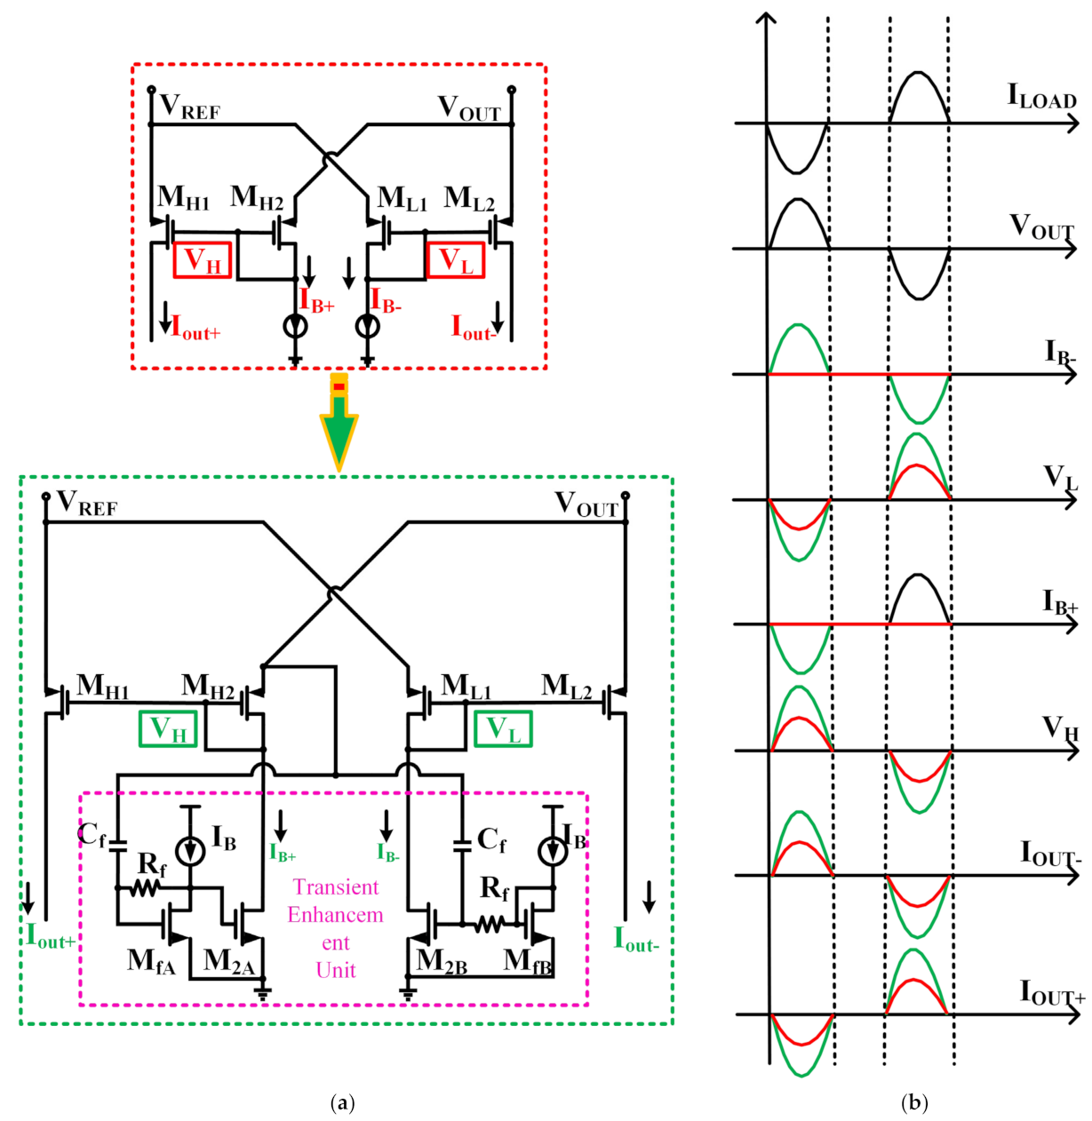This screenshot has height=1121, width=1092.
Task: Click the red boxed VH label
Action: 203,260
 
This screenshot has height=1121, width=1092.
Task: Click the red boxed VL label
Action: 456,260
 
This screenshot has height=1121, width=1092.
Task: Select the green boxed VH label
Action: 168,729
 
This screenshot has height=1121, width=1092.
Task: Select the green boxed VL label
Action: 503,728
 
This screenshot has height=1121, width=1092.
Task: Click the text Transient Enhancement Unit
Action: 335,928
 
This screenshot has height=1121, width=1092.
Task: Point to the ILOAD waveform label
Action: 1040,96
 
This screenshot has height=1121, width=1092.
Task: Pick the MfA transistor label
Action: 151,961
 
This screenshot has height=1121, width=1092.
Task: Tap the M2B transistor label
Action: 442,961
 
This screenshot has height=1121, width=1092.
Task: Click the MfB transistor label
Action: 528,961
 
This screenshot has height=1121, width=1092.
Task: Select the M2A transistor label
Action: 228,961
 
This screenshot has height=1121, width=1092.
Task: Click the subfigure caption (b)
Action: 914,1103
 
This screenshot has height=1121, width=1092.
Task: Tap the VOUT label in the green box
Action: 586,505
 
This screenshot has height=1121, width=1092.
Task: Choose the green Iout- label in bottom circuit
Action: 636,940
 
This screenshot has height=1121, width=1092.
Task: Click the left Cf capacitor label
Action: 92,835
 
